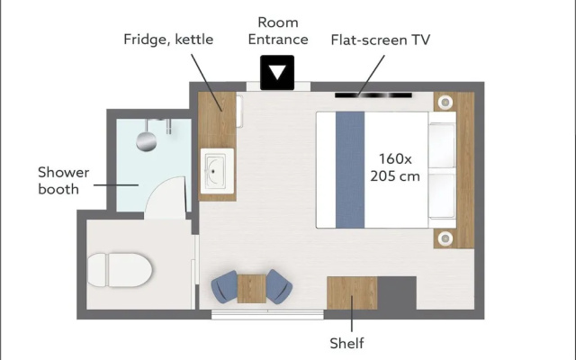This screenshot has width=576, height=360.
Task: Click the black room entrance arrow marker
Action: tap(277, 72)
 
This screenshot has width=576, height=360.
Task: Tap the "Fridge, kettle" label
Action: tap(168, 40)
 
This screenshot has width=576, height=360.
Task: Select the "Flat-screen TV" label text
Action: tap(380, 40)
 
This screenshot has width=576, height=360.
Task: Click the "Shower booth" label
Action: tap(64, 180)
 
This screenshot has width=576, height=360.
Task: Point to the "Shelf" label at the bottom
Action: tap(346, 343)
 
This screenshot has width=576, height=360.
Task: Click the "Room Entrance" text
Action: tap(278, 31)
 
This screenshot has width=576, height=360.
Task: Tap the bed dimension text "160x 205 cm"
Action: tap(395, 167)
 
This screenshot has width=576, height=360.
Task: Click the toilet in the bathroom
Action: tap(120, 270)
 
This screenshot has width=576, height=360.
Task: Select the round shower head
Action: tap(146, 141)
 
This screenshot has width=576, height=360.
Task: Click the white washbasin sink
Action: tap(217, 171)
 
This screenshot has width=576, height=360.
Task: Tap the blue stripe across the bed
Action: tap(350, 170)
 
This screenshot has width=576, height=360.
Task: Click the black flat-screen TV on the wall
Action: tap(373, 95)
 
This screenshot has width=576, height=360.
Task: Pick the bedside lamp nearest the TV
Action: tap(445, 102)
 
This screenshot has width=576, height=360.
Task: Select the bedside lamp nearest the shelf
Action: tap(445, 238)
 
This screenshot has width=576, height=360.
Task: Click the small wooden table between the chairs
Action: tap(252, 289)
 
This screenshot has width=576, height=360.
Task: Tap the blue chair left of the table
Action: tap(225, 287)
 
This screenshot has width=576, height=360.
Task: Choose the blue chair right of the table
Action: tap(279, 286)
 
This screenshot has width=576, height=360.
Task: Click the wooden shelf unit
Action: tap(352, 293)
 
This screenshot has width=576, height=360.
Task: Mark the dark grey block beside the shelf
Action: tap(397, 293)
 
